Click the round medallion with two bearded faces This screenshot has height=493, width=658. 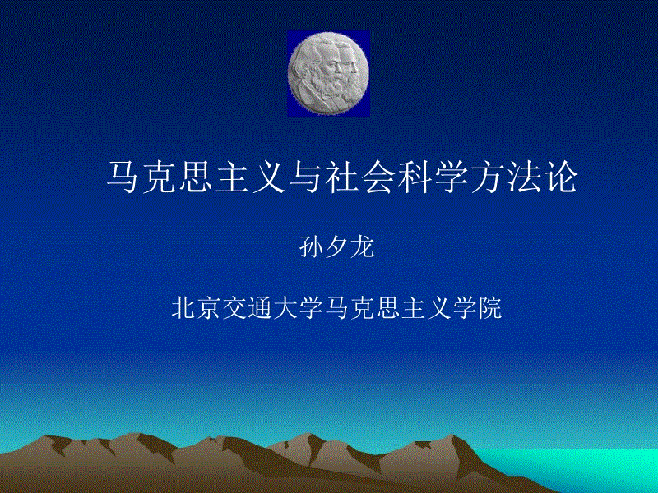tap(328, 73)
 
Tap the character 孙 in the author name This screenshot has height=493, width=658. tap(311, 247)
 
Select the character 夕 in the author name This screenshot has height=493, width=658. tap(336, 247)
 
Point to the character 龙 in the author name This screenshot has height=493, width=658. tap(362, 247)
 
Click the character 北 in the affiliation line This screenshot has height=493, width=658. tap(183, 308)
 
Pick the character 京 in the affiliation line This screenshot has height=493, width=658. tap(209, 308)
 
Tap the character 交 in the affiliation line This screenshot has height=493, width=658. tap(234, 308)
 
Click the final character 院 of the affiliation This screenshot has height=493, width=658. tap(489, 308)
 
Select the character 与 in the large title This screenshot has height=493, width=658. tap(306, 177)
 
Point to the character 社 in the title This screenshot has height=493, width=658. tap(342, 177)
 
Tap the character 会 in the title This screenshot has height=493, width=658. tap(379, 177)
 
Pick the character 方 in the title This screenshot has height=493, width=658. tap(489, 177)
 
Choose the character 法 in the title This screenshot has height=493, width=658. tap(525, 177)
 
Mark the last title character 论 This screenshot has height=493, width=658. tap(562, 177)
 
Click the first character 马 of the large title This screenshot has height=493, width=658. tap(123, 177)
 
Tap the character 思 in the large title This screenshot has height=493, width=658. tap(197, 177)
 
